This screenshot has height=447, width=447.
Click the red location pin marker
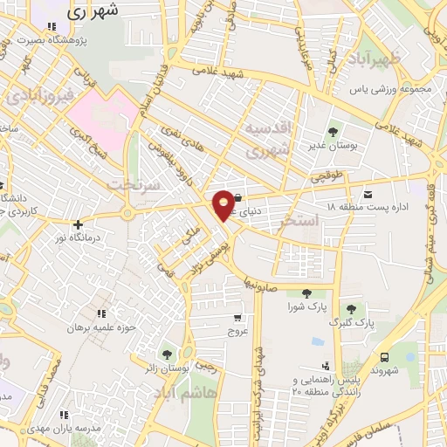pyautogui.click(x=224, y=204)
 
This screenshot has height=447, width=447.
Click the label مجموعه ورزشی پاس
pyautogui.click(x=392, y=89)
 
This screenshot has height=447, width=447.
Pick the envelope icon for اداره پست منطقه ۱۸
pyautogui.click(x=367, y=192)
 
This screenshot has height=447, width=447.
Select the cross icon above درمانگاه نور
pyautogui.click(x=78, y=224)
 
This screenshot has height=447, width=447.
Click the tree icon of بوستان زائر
pyautogui.click(x=166, y=354)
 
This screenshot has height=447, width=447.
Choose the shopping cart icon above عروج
pyautogui.click(x=238, y=318)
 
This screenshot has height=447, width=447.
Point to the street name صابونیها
pyautogui.click(x=259, y=284)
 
